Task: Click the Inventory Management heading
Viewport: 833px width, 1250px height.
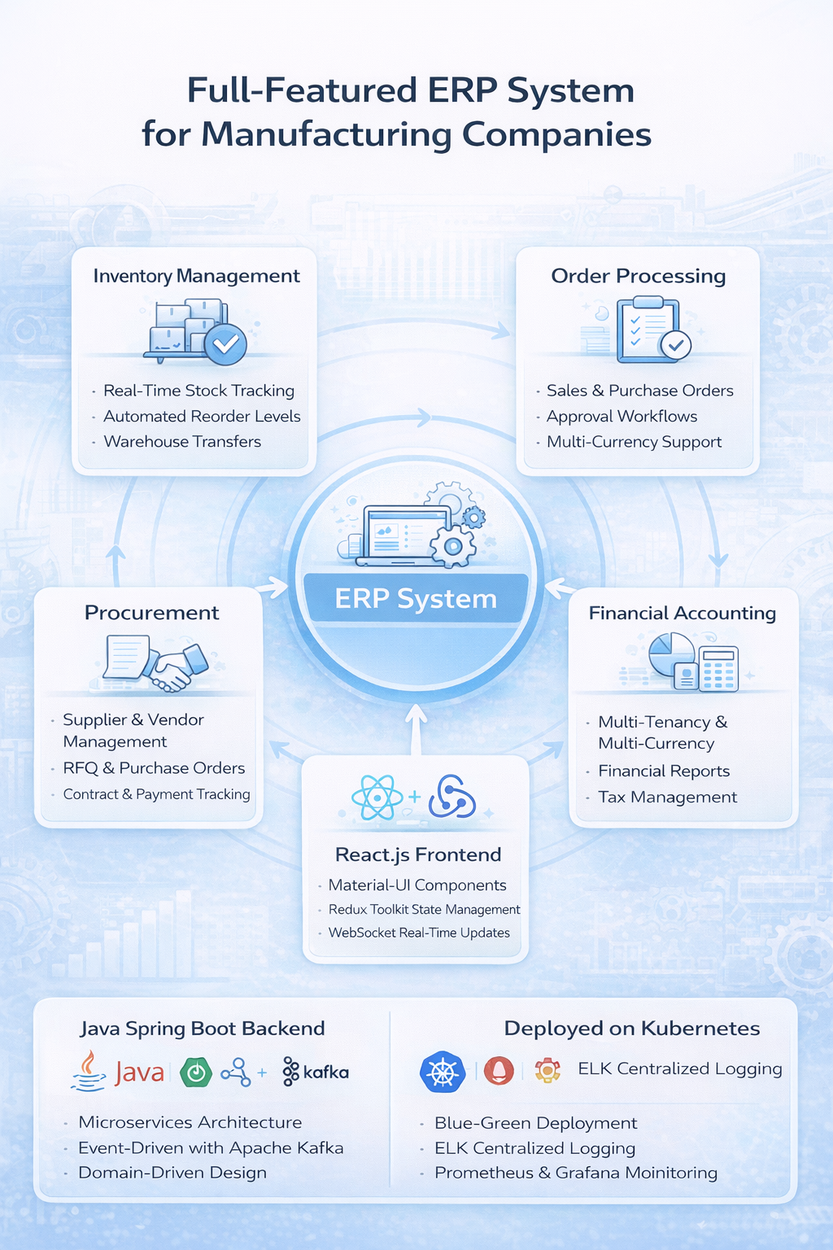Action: tap(196, 276)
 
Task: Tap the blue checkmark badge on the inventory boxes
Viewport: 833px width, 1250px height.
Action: tap(225, 343)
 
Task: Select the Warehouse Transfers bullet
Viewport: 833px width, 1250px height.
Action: tap(182, 442)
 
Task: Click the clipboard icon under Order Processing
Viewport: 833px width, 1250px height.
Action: tap(647, 330)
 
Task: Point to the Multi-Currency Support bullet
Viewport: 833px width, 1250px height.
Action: tap(634, 442)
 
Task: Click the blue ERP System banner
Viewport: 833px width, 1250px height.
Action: tap(416, 598)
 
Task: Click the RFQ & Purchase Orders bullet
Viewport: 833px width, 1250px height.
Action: tap(154, 768)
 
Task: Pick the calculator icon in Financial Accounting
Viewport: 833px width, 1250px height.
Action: tap(718, 669)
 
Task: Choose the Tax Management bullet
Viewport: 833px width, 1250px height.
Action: tap(667, 798)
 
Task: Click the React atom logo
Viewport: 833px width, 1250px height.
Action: tap(377, 797)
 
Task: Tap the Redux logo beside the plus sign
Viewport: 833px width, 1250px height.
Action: tap(452, 797)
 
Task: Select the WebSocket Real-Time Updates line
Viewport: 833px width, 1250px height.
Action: tap(419, 933)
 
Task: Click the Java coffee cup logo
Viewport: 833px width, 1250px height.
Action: tap(89, 1071)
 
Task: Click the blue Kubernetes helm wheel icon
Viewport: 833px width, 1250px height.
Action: tap(442, 1071)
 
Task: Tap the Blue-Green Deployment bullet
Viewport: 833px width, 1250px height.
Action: tap(535, 1123)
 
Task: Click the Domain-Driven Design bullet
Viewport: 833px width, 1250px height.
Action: tap(172, 1173)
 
